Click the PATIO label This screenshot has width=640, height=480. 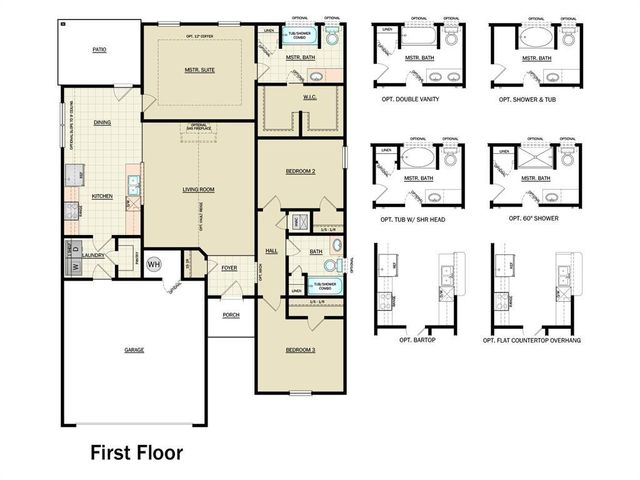(99, 48)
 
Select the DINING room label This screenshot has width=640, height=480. (101, 123)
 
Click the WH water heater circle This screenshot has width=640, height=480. (153, 264)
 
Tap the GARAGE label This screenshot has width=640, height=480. (134, 350)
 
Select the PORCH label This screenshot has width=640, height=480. (231, 314)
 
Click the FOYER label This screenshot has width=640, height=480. (229, 268)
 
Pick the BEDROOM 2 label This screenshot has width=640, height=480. (300, 171)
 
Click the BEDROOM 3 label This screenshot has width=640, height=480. (300, 351)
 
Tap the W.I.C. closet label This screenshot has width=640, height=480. (309, 98)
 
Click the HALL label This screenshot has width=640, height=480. (270, 251)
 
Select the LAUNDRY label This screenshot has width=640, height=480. (95, 255)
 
